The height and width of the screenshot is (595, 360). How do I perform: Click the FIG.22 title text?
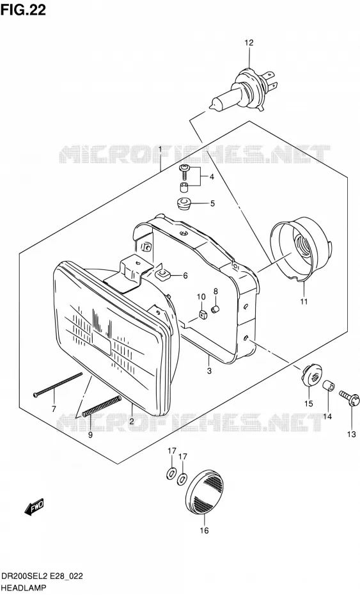coord(23,10)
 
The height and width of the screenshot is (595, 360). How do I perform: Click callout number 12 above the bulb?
coord(249,43)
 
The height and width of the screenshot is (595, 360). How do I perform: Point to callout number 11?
coord(304,302)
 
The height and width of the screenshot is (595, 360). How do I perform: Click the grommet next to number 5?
coord(184,203)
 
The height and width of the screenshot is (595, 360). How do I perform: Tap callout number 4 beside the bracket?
coord(211,177)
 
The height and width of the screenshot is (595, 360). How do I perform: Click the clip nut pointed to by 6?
coord(162,274)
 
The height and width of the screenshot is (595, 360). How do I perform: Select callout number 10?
coord(201,297)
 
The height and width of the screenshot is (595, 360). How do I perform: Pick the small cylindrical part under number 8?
coord(215,309)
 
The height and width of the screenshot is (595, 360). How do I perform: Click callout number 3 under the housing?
coord(209,370)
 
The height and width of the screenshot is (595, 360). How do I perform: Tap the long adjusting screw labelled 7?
coord(58,385)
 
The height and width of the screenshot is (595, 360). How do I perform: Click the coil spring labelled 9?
coord(101,406)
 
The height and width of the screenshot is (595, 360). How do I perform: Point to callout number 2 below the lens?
coord(132,421)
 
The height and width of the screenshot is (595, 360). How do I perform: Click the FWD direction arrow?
coord(34,507)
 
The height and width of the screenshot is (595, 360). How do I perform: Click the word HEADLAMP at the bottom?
coord(24,588)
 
